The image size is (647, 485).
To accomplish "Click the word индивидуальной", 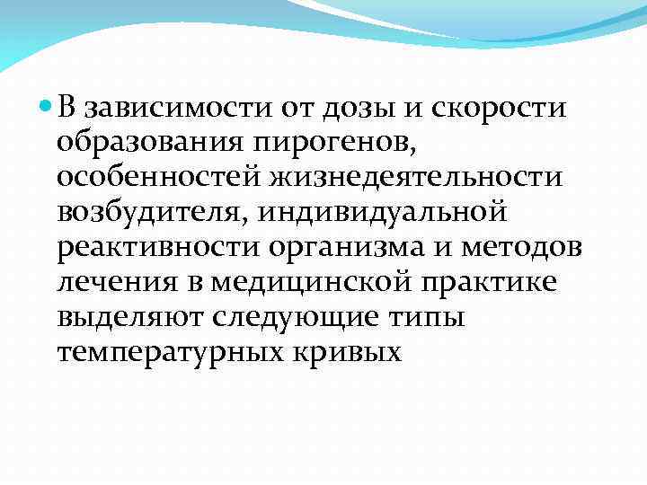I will tap(376, 213).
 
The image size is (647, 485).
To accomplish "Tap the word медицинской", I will tap(306, 282).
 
